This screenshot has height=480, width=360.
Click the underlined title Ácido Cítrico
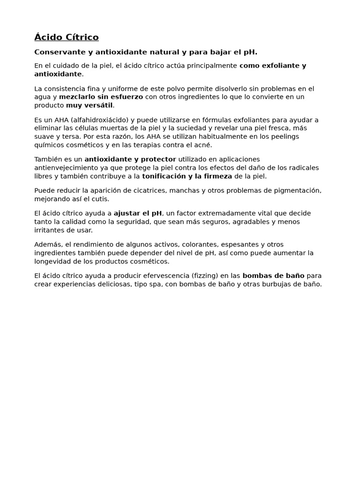click(67, 37)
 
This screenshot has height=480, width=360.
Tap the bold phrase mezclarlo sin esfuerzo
click(101, 97)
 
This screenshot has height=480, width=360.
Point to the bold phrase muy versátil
click(89, 105)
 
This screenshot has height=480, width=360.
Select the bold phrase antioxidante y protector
click(130, 159)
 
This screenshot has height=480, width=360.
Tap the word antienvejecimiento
click(68, 168)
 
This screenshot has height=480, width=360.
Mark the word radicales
click(302, 168)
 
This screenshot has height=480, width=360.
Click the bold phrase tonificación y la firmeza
click(187, 176)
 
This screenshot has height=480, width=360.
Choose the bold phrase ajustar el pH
click(137, 213)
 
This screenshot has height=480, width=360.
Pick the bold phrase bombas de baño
click(273, 276)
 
